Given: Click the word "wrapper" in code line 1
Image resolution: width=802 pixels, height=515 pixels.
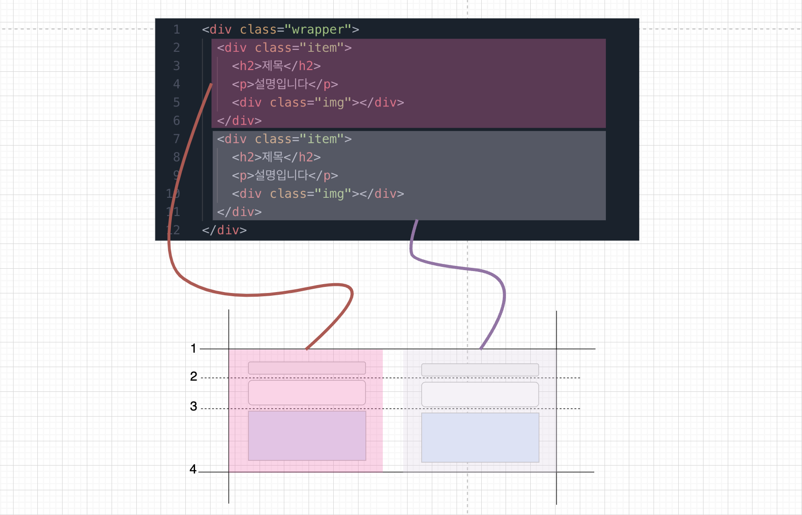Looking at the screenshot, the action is coord(318,30).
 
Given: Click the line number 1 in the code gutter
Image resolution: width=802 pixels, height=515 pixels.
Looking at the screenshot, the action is coord(176,30).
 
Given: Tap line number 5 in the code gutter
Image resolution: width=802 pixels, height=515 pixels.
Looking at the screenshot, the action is coord(176,103).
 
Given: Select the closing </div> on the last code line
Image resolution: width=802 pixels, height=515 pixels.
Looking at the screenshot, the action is coord(224,230).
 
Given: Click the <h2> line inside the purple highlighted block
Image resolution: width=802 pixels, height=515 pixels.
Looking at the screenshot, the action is coord(276,66).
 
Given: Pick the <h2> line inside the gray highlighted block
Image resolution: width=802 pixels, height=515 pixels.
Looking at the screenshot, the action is coord(276,157).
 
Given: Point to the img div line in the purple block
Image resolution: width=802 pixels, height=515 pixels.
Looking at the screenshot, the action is coord(317,103).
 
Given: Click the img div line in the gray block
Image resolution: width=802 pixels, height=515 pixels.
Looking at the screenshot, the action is coord(317,194).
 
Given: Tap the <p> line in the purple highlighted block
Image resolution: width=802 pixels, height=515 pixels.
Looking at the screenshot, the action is coord(284,84).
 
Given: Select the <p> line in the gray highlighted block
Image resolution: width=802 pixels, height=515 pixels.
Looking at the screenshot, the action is coord(284,175).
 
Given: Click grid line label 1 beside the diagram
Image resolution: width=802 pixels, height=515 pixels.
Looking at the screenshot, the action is coord(193,348).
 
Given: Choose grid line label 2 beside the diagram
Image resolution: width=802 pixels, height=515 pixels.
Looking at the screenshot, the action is coord(194,376).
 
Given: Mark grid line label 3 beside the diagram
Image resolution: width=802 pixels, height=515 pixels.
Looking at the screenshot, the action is coord(194,406).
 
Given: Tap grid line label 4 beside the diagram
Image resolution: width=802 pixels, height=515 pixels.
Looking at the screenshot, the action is coord(193,469).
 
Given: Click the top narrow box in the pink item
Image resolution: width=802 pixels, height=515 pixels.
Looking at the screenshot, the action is coord(307,368).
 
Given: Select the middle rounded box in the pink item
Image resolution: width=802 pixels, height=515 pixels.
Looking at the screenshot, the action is coord(307,393).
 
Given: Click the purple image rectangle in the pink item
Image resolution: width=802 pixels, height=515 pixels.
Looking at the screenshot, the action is coord(307,436).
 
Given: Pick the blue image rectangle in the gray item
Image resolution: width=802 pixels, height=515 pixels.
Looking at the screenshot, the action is coord(480,438).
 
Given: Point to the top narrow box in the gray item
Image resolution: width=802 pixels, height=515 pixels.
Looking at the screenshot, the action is coord(480,370).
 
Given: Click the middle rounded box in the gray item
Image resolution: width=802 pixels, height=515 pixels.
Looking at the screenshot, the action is coord(480,395).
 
